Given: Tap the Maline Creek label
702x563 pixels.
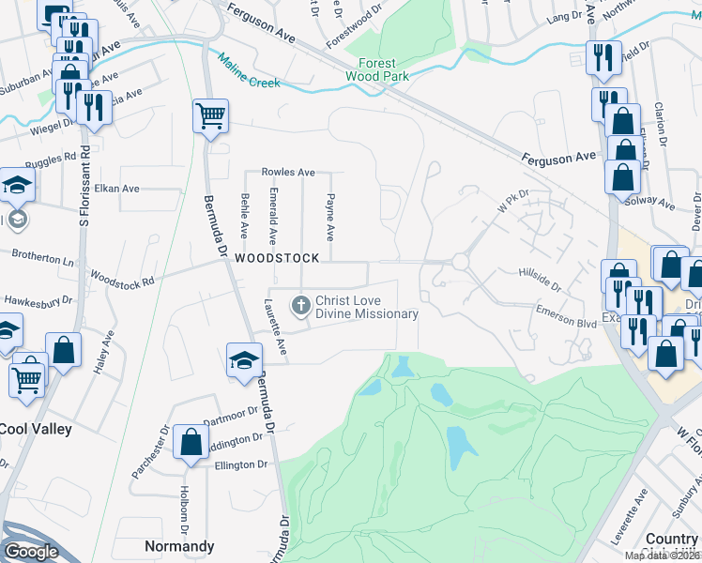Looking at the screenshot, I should coord(250,70).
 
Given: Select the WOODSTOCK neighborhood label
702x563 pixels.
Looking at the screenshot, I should coord(277,257).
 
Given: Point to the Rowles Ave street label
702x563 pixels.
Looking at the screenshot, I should coord(288,173).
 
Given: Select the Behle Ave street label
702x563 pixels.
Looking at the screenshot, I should coord(245,216).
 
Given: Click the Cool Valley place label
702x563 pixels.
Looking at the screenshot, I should coord(36,429).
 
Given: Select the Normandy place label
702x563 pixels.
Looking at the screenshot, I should coord(179,546).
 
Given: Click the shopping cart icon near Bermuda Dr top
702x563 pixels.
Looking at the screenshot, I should coord(210,117).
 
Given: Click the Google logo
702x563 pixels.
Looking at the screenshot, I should coord(31,552).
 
